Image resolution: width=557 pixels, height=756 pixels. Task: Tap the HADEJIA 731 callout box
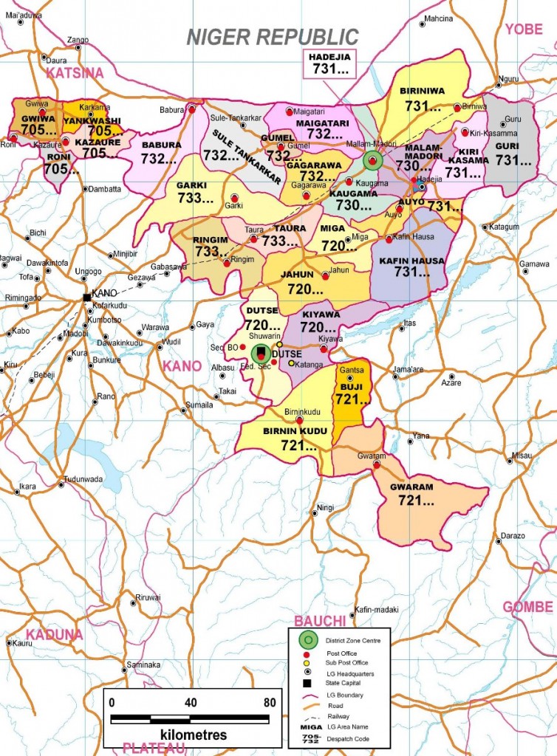click(329, 64)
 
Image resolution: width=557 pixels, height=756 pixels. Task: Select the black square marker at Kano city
click(87, 297)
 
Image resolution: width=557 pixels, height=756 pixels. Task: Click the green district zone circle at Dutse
click(260, 354)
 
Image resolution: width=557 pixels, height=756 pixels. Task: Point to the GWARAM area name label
click(412, 487)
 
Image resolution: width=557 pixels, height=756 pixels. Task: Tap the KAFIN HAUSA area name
click(411, 260)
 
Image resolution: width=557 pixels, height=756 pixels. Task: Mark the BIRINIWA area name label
click(422, 91)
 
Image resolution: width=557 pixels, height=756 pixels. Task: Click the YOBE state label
click(524, 29)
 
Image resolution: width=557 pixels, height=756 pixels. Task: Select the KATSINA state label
click(74, 72)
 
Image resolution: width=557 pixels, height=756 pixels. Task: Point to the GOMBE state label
click(527, 607)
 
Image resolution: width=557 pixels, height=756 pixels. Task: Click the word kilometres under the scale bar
click(193, 735)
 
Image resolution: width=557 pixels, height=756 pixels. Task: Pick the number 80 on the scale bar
click(270, 701)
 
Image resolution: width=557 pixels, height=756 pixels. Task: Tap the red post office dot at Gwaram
click(377, 465)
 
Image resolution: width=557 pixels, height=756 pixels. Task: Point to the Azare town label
click(451, 383)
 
